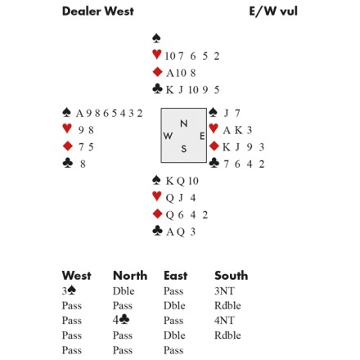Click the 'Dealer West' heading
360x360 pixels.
tap(98, 11)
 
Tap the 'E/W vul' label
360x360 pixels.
tap(273, 11)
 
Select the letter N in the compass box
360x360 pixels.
tap(184, 124)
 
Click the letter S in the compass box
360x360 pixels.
tap(184, 149)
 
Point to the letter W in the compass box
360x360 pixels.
tap(168, 136)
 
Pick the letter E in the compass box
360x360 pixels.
tap(202, 136)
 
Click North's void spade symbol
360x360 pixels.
tap(156, 38)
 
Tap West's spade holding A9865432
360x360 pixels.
tap(109, 113)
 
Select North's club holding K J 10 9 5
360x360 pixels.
tap(192, 90)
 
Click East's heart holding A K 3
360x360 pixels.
tap(237, 130)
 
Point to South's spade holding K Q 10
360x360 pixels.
tap(182, 181)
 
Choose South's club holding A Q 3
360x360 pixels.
tap(181, 232)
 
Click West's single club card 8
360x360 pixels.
tap(83, 164)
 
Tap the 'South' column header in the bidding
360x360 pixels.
tap(232, 276)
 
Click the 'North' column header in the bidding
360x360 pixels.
tap(130, 276)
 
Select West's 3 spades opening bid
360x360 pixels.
tap(69, 291)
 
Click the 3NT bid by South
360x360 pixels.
tap(224, 291)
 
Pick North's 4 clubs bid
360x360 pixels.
tap(121, 320)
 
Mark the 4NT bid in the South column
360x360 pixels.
tap(224, 320)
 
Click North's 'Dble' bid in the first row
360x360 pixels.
tap(124, 291)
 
